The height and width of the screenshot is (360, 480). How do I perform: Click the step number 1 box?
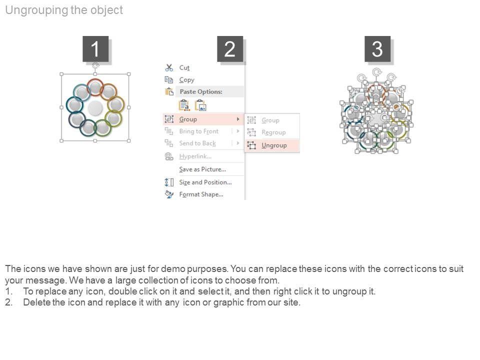[95, 49]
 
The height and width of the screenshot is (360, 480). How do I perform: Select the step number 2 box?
[230, 49]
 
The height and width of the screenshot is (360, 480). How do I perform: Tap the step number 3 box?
[377, 49]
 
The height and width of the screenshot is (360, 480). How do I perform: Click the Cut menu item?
[184, 67]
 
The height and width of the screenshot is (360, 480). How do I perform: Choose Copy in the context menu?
[186, 80]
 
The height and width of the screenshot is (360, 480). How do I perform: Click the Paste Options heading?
[201, 91]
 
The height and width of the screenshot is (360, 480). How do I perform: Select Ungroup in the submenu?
[274, 145]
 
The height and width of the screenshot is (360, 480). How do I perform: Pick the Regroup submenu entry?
[273, 132]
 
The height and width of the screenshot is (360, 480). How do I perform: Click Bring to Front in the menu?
[198, 131]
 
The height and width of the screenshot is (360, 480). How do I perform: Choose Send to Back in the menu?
[197, 143]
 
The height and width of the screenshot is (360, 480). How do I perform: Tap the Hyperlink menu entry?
[195, 156]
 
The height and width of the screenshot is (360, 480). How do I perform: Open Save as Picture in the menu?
[202, 169]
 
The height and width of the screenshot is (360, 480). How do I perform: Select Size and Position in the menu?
[205, 182]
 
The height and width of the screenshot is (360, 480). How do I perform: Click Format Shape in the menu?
[201, 194]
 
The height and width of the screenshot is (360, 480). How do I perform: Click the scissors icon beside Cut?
[169, 67]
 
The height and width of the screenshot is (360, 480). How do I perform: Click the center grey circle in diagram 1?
[95, 108]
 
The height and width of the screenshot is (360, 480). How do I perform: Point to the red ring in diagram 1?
[94, 79]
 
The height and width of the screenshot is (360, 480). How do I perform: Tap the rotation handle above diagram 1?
[95, 65]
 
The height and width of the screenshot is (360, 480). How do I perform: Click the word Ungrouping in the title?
[36, 10]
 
